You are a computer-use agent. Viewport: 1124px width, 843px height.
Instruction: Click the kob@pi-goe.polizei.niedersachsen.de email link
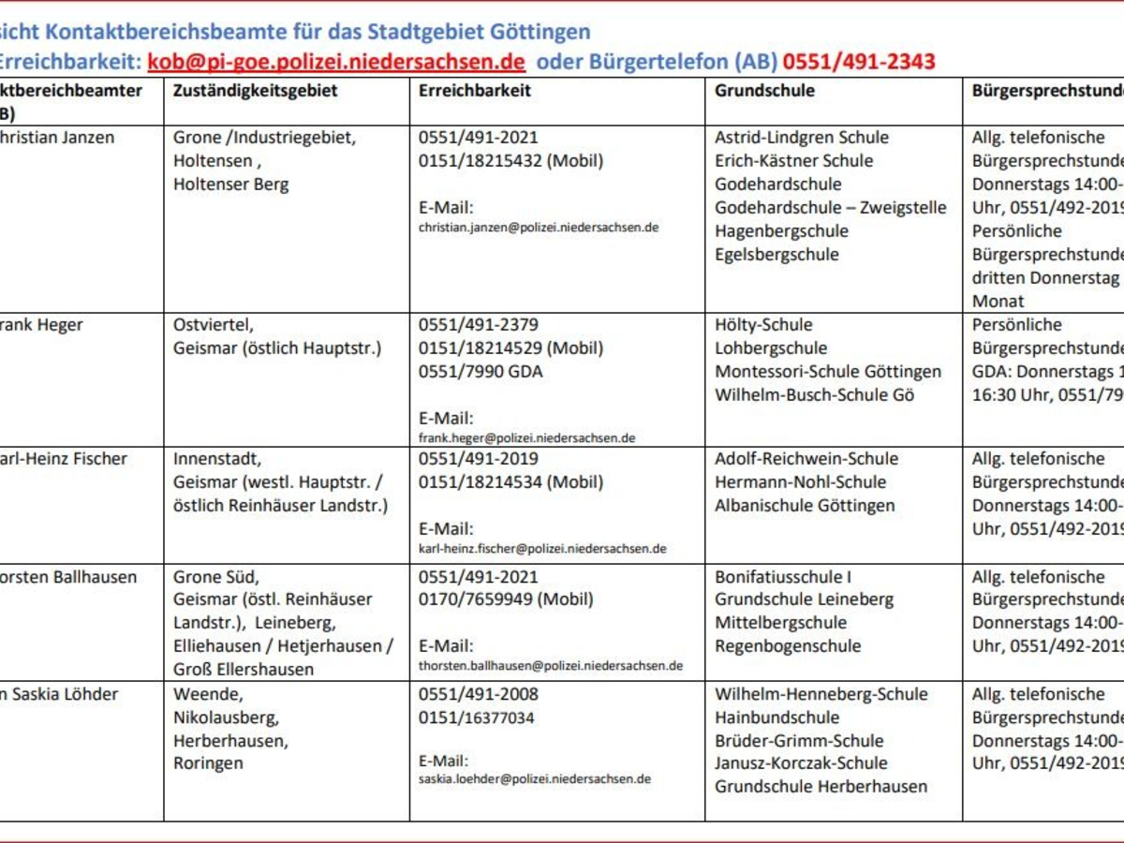(x=336, y=62)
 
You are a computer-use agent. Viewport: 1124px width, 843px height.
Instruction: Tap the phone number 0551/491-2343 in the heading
(x=859, y=62)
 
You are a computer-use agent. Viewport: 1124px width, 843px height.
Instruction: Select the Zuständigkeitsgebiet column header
(x=256, y=91)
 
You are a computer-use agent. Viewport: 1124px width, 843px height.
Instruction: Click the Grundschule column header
(x=764, y=91)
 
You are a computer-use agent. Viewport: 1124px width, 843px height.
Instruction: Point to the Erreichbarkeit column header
(x=475, y=91)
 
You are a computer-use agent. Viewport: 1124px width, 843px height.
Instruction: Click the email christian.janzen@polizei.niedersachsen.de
(x=539, y=227)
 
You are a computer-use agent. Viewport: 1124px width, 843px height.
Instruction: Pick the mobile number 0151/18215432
(x=511, y=160)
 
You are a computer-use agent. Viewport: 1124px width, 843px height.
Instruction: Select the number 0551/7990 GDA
(x=481, y=371)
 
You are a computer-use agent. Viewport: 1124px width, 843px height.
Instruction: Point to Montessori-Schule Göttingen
(x=828, y=371)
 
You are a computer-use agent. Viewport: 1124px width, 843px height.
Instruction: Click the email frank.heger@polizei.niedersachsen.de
(x=527, y=437)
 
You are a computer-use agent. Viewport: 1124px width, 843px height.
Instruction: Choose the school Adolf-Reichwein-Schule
(x=806, y=459)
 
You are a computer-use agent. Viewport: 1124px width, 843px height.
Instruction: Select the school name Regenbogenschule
(x=788, y=645)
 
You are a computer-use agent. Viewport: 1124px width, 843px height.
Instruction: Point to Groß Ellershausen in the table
(x=244, y=669)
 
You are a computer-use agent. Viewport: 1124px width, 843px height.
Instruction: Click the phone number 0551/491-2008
(x=479, y=694)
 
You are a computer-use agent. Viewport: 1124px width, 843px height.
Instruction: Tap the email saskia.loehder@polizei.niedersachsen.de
(x=534, y=779)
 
